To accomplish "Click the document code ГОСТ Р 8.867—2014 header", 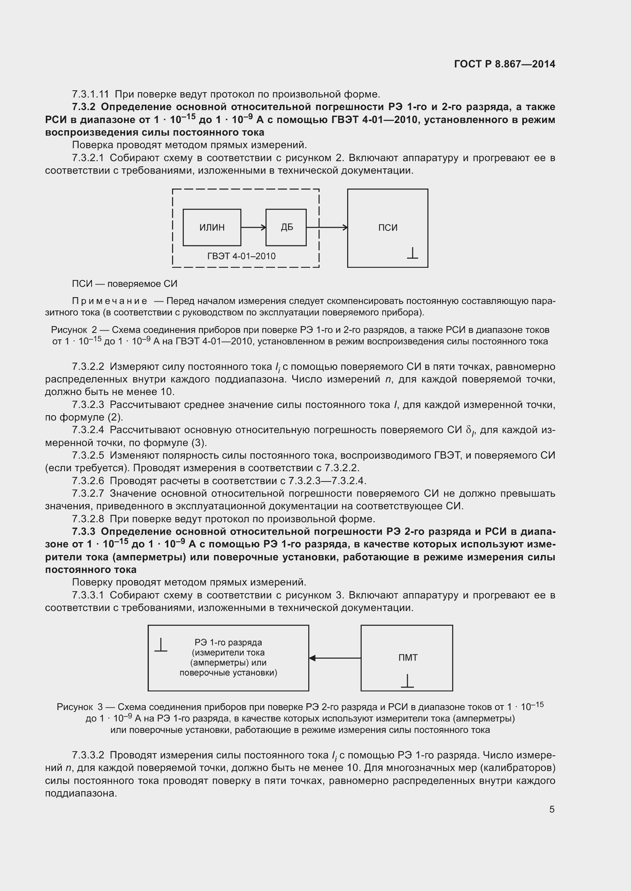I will click(x=504, y=64).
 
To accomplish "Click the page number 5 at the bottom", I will click(x=552, y=809).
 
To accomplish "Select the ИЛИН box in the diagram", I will click(x=212, y=227).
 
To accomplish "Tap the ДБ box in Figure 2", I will click(x=287, y=227).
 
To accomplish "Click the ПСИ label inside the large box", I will click(x=388, y=228).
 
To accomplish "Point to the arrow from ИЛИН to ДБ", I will click(x=253, y=227).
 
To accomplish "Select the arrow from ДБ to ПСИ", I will click(x=327, y=227).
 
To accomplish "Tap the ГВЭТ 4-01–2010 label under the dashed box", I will click(x=241, y=256).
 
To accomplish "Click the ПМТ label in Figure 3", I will click(x=407, y=657).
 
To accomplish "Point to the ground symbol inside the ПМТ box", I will click(x=407, y=681).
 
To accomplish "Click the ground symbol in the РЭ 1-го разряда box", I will click(x=161, y=645).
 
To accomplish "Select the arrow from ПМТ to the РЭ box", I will click(x=335, y=658).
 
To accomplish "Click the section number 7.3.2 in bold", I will click(x=84, y=107).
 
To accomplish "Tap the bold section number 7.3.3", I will click(x=84, y=531).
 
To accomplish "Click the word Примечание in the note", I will click(x=109, y=301).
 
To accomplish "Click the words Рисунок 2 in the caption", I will click(x=74, y=330).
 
